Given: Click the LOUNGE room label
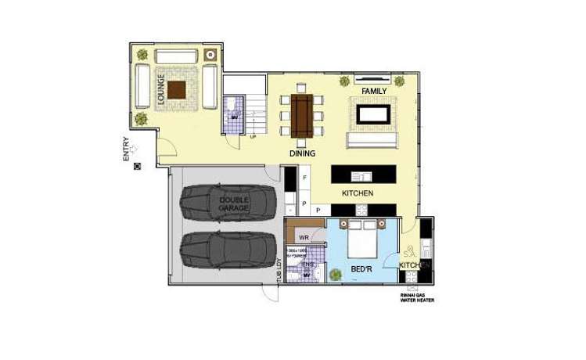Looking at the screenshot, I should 161,90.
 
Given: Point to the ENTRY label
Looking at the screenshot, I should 128,149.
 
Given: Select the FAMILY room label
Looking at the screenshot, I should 375,91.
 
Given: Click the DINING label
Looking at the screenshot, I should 302,154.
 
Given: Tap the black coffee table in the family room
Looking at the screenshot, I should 375,114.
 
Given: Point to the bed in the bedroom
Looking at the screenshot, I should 363,239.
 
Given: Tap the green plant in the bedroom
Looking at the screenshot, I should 336,275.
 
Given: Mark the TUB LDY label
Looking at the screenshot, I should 278,270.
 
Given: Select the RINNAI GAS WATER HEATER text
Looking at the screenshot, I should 416,297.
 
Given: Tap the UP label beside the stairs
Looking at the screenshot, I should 253,138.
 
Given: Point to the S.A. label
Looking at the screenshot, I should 408,254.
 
